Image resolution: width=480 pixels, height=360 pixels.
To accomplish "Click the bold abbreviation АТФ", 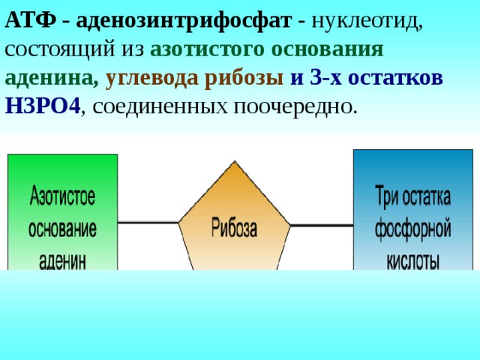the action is [x=31, y=20].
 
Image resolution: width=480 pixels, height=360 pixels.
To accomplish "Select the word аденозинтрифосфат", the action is [x=184, y=22].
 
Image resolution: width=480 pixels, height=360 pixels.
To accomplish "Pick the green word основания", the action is [x=327, y=49].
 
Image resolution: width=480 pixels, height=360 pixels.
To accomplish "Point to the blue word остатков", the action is [x=395, y=78].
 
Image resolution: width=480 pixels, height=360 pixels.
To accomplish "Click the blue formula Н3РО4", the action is [x=43, y=106].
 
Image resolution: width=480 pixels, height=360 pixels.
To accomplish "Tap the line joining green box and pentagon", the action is [x=148, y=222].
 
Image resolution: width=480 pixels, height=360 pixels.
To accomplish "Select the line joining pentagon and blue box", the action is [x=322, y=226].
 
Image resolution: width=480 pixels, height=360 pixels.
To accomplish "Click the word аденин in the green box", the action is [x=62, y=261].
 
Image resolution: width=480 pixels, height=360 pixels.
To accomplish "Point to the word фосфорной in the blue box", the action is [x=413, y=229].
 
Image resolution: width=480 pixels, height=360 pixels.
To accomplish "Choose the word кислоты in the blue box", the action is [x=413, y=261].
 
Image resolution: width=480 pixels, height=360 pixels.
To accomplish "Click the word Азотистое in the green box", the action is [x=62, y=195].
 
